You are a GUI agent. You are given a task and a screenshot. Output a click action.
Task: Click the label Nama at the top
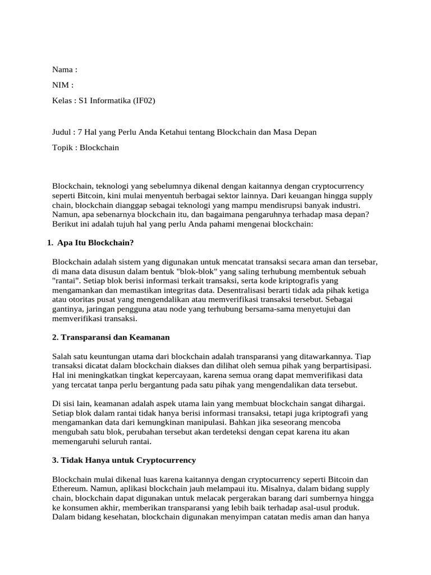(x=62, y=70)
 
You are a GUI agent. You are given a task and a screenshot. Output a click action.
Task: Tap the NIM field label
(x=61, y=85)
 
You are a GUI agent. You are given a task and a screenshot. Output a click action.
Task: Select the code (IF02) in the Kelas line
(x=144, y=101)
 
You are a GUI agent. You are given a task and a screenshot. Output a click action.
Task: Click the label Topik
(x=63, y=148)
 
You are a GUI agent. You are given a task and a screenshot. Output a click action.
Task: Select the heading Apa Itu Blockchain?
(x=95, y=243)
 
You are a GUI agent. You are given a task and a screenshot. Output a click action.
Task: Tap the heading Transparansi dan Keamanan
(x=111, y=337)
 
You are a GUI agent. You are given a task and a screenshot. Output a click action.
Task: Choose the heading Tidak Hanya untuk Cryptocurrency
(x=124, y=460)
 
